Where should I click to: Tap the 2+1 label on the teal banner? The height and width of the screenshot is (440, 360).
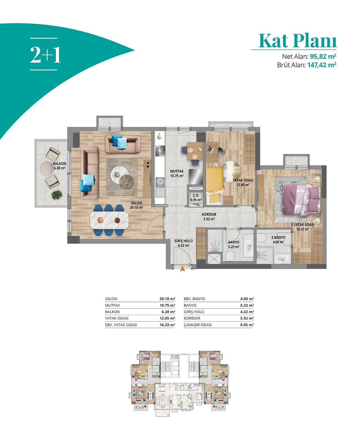(x=45, y=55)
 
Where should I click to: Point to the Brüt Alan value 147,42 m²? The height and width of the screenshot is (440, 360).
(x=321, y=65)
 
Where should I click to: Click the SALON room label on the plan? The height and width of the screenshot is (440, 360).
(x=136, y=203)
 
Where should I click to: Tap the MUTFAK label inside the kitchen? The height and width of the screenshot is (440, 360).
(x=177, y=171)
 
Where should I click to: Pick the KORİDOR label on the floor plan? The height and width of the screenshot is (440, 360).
(x=209, y=214)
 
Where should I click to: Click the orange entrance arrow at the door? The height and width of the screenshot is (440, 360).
(x=182, y=268)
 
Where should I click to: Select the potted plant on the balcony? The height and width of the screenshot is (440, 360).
(x=57, y=195)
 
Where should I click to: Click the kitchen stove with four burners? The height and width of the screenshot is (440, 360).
(x=160, y=151)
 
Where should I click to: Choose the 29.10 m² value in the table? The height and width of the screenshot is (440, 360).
(x=167, y=299)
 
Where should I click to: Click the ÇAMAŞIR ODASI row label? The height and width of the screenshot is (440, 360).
(x=198, y=325)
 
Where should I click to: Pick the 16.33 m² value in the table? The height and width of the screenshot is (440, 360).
(x=167, y=325)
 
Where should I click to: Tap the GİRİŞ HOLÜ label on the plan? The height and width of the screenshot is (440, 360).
(x=183, y=241)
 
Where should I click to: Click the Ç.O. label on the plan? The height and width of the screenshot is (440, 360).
(x=196, y=196)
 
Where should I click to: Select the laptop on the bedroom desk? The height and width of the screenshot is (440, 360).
(x=210, y=148)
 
